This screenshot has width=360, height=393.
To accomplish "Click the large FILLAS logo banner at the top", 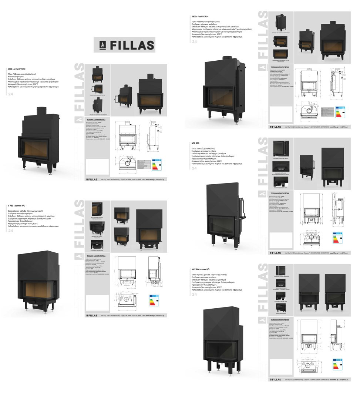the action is tap(124, 45).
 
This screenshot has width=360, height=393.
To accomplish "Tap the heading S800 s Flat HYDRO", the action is tap(200, 17).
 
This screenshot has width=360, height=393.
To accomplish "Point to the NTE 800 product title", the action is tap(196, 143).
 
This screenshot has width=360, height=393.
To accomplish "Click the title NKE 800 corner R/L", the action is tap(201, 269).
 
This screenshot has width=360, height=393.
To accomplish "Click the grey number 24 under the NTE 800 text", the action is tap(195, 168).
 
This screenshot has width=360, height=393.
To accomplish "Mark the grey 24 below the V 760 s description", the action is tap(10, 231).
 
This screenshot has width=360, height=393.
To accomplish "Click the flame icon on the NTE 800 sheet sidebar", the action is tap(261, 194).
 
